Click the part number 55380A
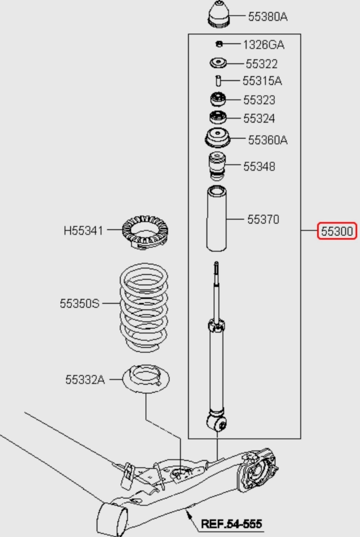[268, 16]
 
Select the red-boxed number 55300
[337, 231]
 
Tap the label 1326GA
[264, 45]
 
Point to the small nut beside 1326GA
[219, 44]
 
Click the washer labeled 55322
[218, 63]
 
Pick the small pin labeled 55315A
[218, 81]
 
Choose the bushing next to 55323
[218, 99]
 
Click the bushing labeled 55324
[218, 117]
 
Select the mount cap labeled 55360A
[217, 138]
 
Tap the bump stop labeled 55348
[217, 166]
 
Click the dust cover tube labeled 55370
[216, 218]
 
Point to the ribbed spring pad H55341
[145, 232]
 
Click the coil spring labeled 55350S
[144, 308]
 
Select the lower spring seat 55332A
[146, 379]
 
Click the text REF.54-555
[232, 524]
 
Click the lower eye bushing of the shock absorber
[217, 423]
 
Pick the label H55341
[83, 231]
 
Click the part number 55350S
[80, 303]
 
